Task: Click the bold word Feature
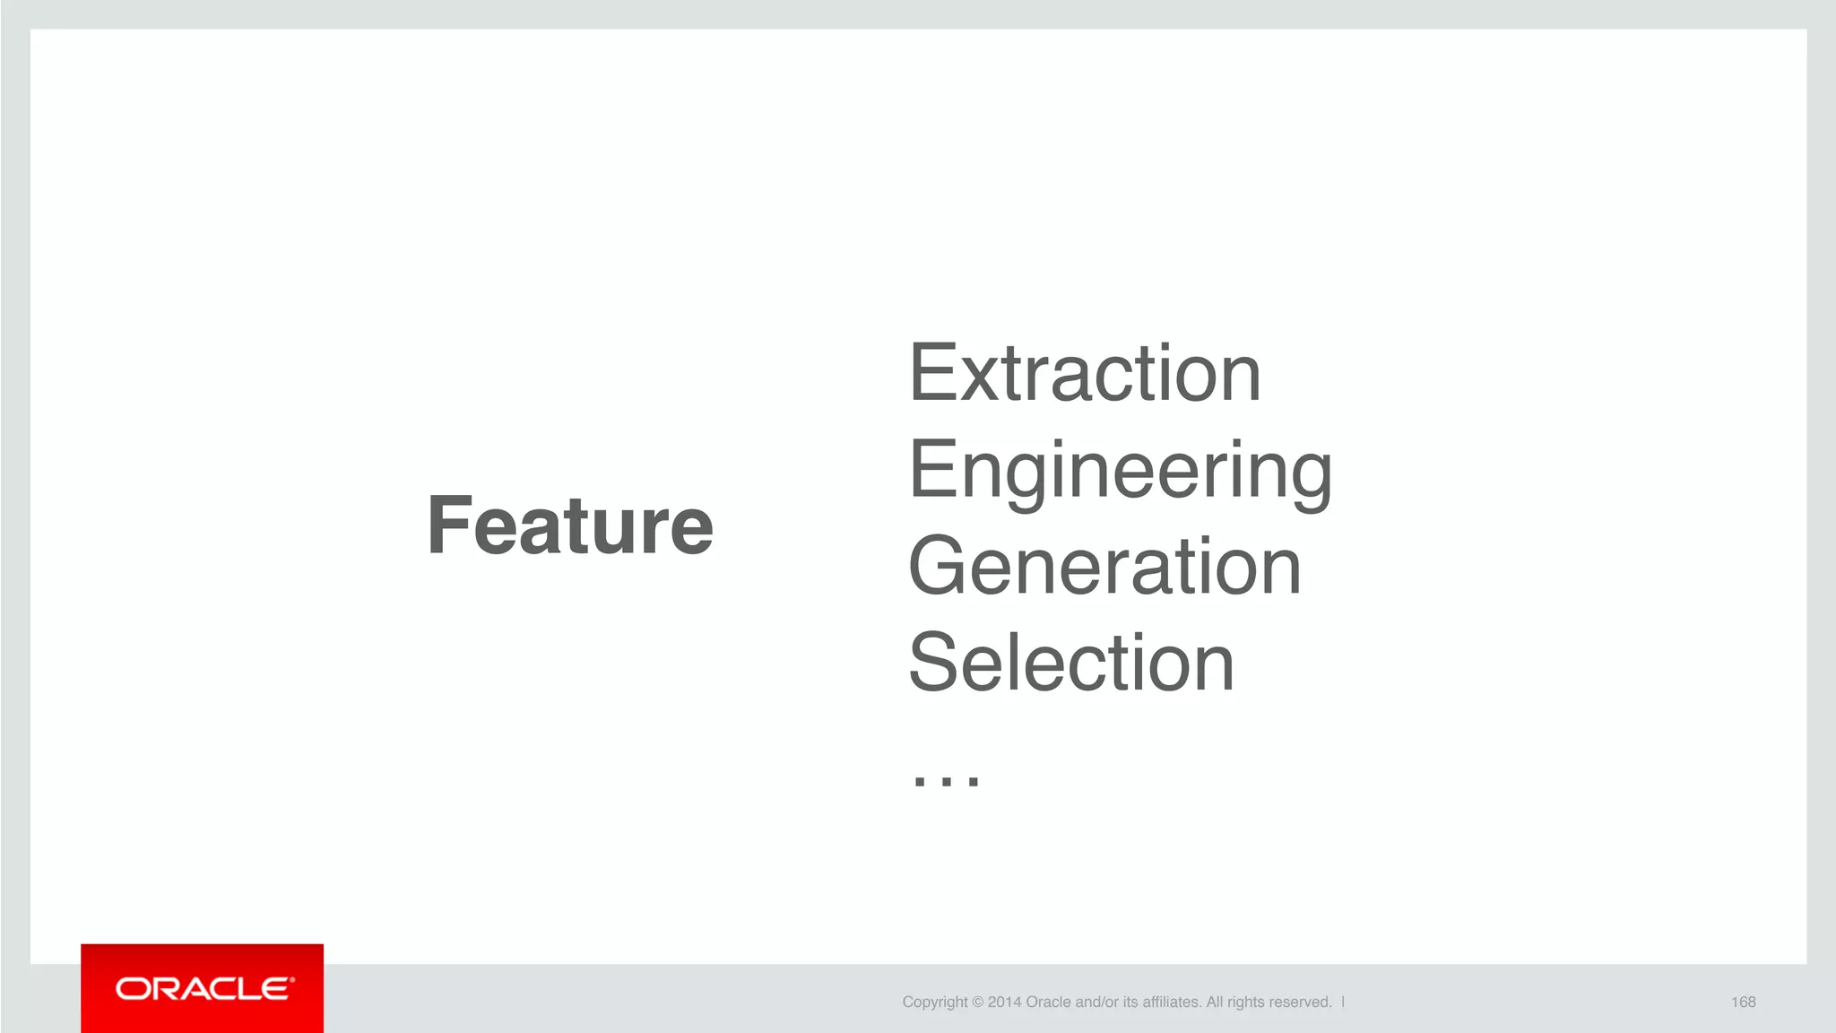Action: point(570,526)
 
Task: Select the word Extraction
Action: point(1085,374)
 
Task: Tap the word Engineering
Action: point(1120,473)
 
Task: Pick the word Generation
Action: point(1104,567)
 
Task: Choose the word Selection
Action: point(1071,663)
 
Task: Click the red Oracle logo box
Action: point(202,988)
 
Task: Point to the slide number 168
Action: point(1743,1002)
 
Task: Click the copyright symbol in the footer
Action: point(977,1003)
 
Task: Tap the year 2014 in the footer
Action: point(1004,1003)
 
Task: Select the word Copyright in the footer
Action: point(935,1003)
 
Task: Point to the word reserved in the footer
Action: point(1300,1003)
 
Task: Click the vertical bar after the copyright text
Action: point(1343,1002)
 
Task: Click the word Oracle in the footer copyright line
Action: point(1048,1003)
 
